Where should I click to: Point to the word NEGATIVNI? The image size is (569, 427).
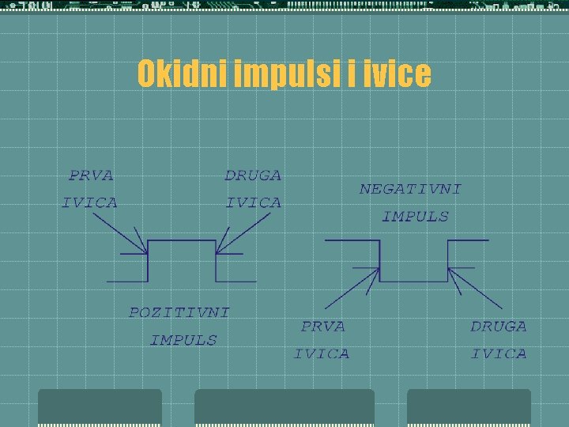(410, 189)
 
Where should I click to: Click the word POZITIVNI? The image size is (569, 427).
(179, 312)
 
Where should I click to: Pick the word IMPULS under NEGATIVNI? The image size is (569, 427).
(415, 216)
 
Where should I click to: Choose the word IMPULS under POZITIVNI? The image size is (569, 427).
(183, 340)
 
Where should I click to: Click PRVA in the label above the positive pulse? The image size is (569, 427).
(91, 176)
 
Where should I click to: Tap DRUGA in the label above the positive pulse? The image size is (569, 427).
(253, 176)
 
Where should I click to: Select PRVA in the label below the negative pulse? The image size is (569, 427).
(322, 326)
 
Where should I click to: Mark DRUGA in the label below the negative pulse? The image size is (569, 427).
(498, 326)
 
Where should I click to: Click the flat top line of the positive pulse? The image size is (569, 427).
(182, 240)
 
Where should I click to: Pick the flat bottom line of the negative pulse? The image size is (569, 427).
(413, 282)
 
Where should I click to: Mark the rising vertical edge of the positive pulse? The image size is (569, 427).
(148, 261)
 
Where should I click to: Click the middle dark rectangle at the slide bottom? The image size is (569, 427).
(284, 407)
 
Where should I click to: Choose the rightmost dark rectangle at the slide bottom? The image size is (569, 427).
(469, 407)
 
